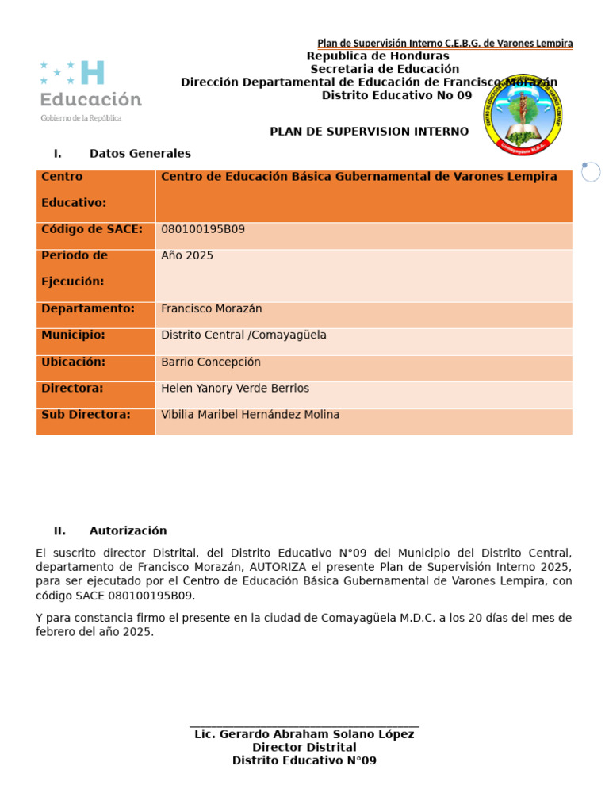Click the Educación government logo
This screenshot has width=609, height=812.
(90, 90)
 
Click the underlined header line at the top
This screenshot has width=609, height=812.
(445, 44)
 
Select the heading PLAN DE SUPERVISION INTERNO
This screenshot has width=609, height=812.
(369, 132)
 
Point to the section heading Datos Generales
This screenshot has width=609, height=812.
(140, 154)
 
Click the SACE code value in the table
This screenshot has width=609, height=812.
(203, 229)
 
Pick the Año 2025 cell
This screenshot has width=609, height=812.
(187, 255)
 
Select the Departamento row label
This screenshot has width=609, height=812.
(88, 308)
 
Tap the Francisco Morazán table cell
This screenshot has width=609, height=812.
(212, 308)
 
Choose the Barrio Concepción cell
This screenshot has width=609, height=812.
(211, 362)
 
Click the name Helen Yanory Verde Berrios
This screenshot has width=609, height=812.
(235, 389)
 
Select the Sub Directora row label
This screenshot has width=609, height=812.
(86, 415)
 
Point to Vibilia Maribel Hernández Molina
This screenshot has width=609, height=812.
(250, 415)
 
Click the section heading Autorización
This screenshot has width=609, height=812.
(128, 531)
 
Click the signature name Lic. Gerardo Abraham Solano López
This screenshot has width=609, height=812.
(304, 734)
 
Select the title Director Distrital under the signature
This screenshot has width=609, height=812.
(304, 748)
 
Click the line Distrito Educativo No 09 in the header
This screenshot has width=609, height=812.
(396, 95)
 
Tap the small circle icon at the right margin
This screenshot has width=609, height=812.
(590, 171)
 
